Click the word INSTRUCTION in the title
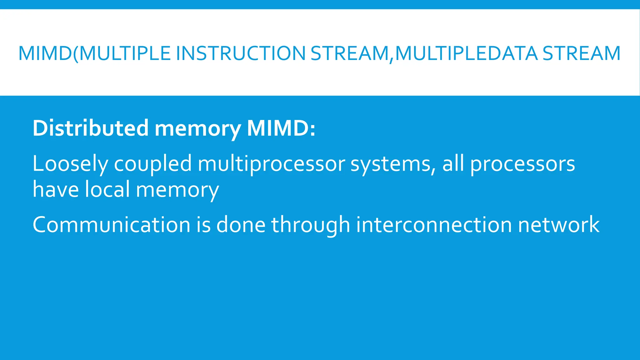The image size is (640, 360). click(241, 53)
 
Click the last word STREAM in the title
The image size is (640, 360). click(581, 53)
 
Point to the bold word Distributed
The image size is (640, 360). click(91, 128)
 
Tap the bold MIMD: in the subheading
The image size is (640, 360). click(281, 128)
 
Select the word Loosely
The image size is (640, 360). click(70, 164)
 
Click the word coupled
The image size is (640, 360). click(153, 164)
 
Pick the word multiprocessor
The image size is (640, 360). click(271, 164)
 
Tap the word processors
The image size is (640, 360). click(522, 164)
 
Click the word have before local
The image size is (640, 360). click(56, 190)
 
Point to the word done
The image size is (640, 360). click(241, 225)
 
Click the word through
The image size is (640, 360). click(311, 225)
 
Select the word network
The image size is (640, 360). click(559, 225)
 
